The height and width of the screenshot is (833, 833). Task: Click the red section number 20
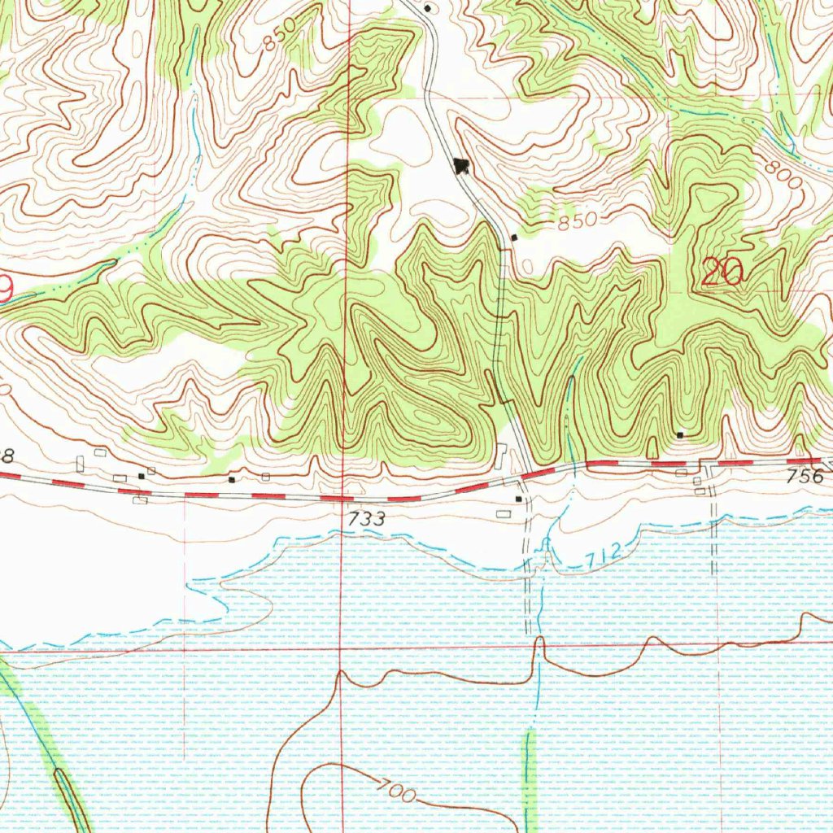(x=723, y=272)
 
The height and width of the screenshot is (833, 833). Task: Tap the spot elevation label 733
(x=368, y=518)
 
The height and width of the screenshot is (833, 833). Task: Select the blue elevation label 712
(x=603, y=555)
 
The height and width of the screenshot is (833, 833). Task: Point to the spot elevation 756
(x=805, y=477)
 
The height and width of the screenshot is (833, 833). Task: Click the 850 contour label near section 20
(x=578, y=220)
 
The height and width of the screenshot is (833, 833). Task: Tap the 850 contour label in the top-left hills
(x=279, y=37)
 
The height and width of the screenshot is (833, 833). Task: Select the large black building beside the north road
(x=462, y=166)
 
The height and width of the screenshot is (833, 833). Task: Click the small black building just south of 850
(x=514, y=238)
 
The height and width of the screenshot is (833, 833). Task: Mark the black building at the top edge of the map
(x=427, y=7)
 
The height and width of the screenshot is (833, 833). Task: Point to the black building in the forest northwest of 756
(x=680, y=434)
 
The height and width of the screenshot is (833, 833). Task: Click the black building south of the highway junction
(x=518, y=499)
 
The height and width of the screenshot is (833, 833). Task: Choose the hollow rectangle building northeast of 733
(x=504, y=513)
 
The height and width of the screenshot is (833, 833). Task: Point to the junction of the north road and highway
(x=530, y=473)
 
